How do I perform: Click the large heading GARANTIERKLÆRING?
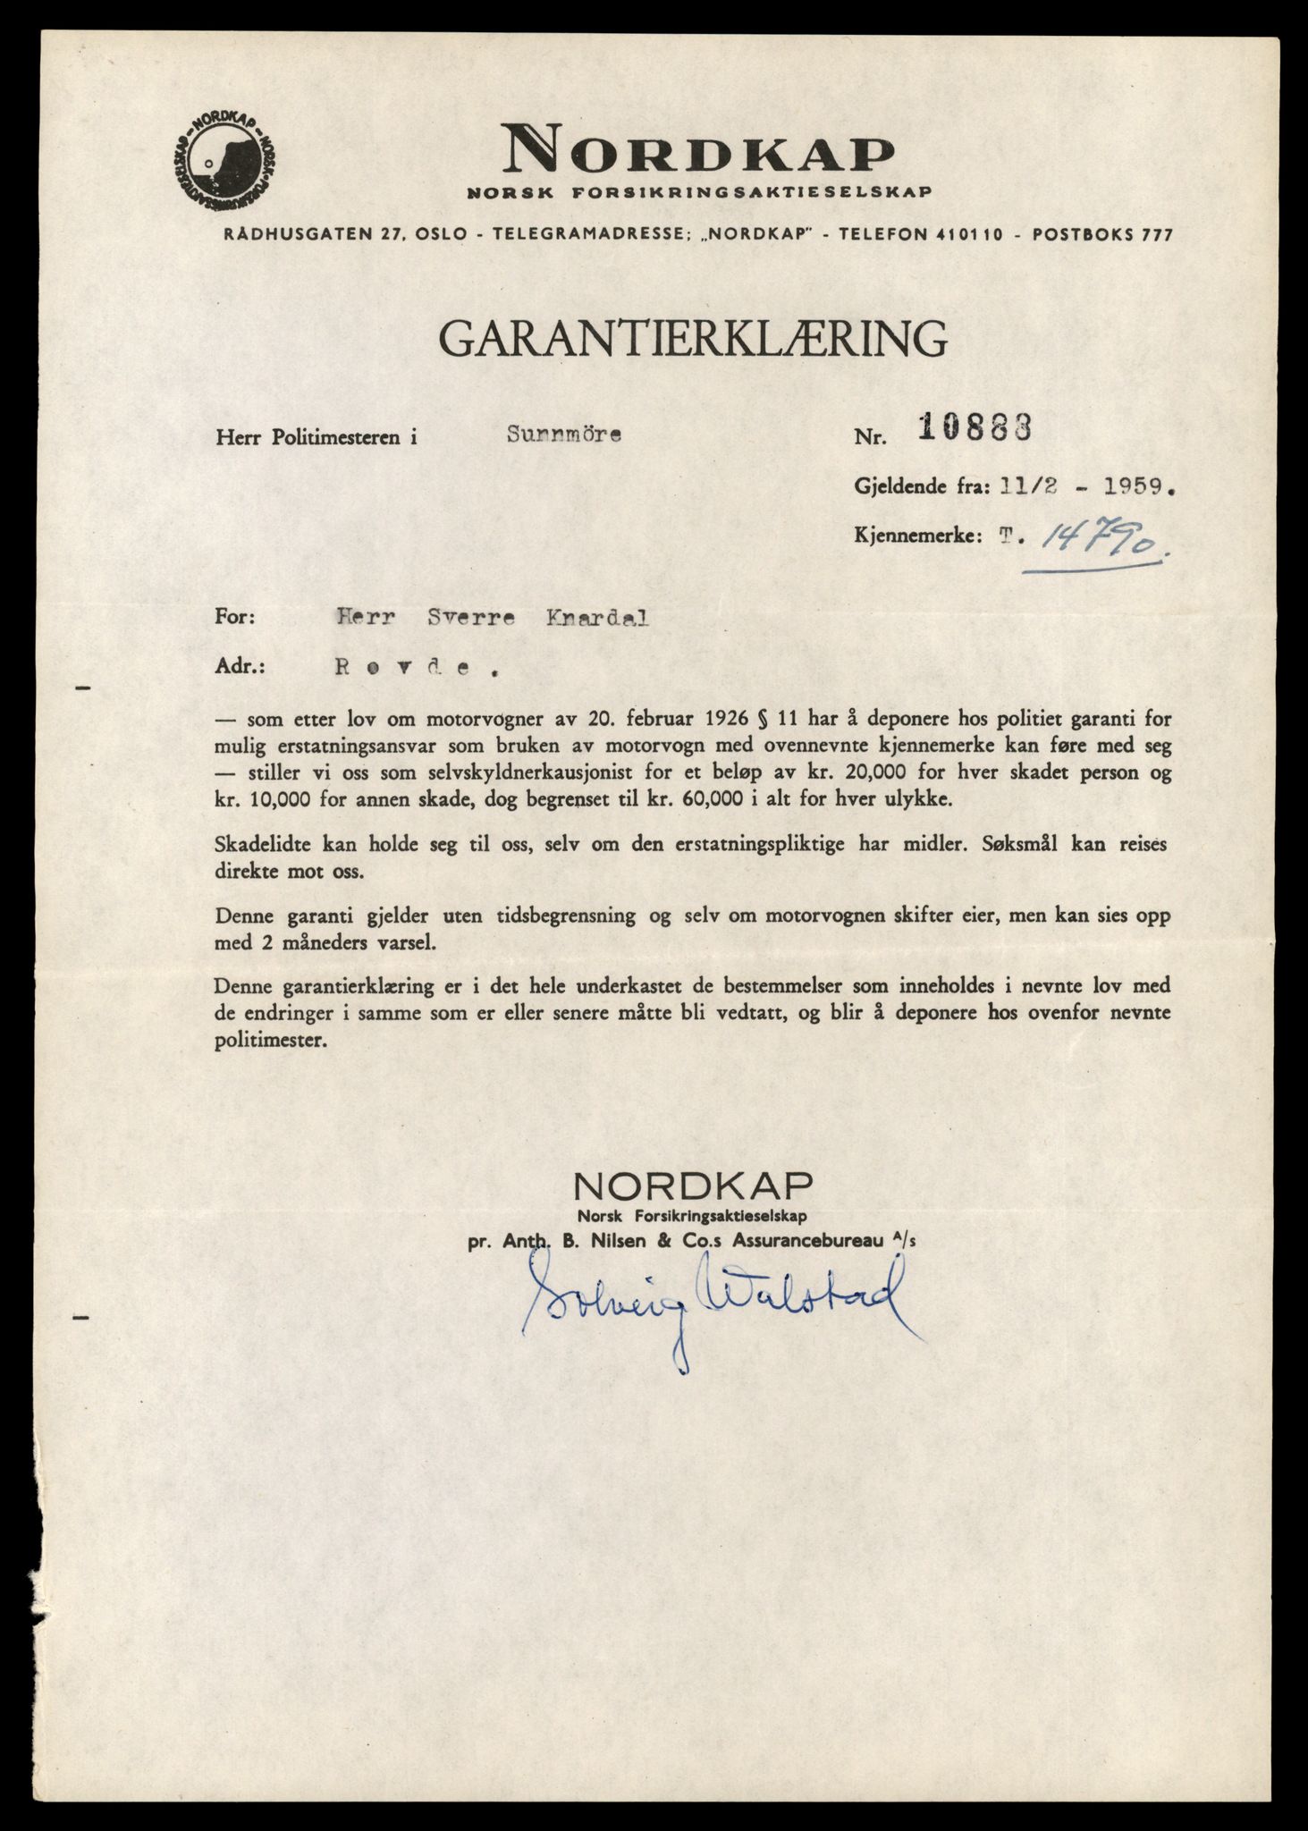click(x=692, y=339)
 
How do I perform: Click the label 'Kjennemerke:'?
click(x=917, y=537)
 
